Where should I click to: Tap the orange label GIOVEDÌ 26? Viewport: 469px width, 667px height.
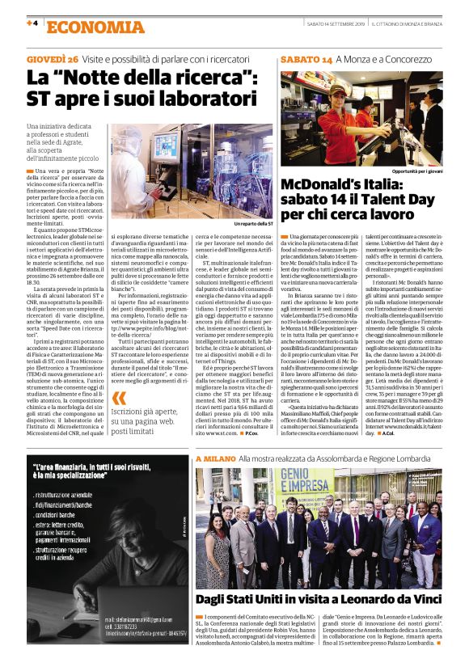click(x=52, y=60)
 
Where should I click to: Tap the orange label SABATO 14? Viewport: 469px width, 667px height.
click(x=306, y=61)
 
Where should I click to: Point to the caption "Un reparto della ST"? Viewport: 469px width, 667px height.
click(x=253, y=222)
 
